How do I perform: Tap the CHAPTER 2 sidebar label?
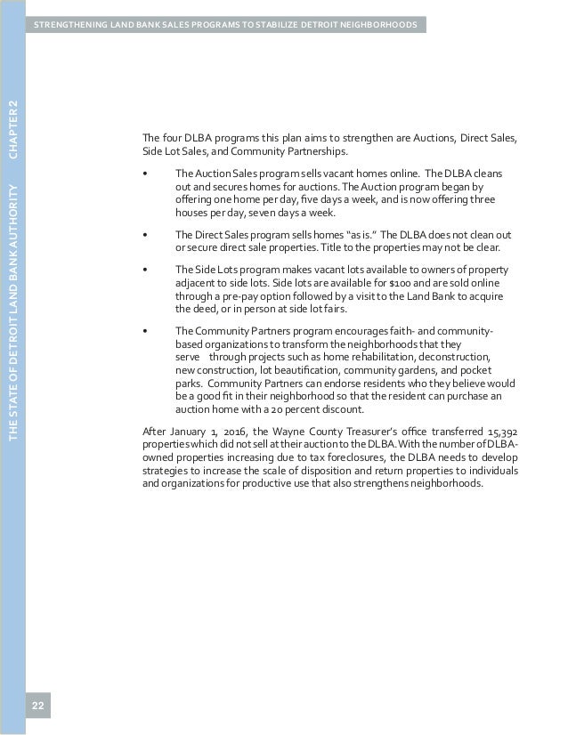(12, 130)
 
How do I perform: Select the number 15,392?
(500, 432)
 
